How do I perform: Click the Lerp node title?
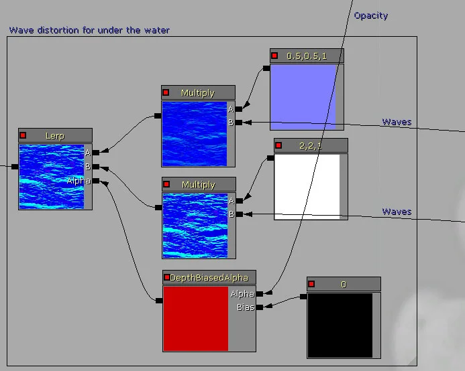(55, 135)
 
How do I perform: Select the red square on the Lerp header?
(23, 135)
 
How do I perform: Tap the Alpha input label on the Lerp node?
(79, 181)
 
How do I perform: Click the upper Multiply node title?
(198, 93)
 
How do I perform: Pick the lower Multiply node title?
(198, 185)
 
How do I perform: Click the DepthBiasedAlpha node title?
(209, 277)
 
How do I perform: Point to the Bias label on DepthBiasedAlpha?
(246, 307)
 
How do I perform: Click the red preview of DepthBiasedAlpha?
(196, 319)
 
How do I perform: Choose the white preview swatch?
(307, 186)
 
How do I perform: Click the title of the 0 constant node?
(344, 284)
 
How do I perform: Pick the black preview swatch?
(340, 325)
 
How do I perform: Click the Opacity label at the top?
(370, 15)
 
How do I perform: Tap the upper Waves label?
(397, 122)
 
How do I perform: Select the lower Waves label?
(397, 212)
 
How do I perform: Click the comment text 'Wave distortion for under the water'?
(89, 30)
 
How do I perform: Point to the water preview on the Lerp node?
(52, 176)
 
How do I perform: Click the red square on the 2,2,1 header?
(278, 145)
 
